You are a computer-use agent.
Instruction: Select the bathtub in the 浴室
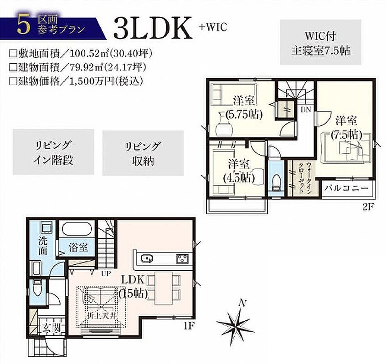tap(77, 229)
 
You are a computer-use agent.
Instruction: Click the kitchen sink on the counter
tap(147, 258)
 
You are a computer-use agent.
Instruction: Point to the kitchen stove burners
tap(182, 258)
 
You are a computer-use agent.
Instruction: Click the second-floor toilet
tap(276, 182)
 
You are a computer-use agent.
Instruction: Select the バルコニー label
tap(346, 188)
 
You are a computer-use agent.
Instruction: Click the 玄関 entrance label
tap(51, 328)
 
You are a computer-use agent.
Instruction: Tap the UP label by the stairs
tap(106, 273)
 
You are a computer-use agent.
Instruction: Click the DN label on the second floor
tap(306, 110)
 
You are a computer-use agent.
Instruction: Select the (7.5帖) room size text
tap(346, 134)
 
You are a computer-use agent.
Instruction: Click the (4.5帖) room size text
tap(238, 177)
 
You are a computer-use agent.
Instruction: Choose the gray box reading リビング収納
tap(143, 153)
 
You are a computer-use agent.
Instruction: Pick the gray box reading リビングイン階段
tap(53, 152)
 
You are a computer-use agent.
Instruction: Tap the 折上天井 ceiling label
tap(102, 316)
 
